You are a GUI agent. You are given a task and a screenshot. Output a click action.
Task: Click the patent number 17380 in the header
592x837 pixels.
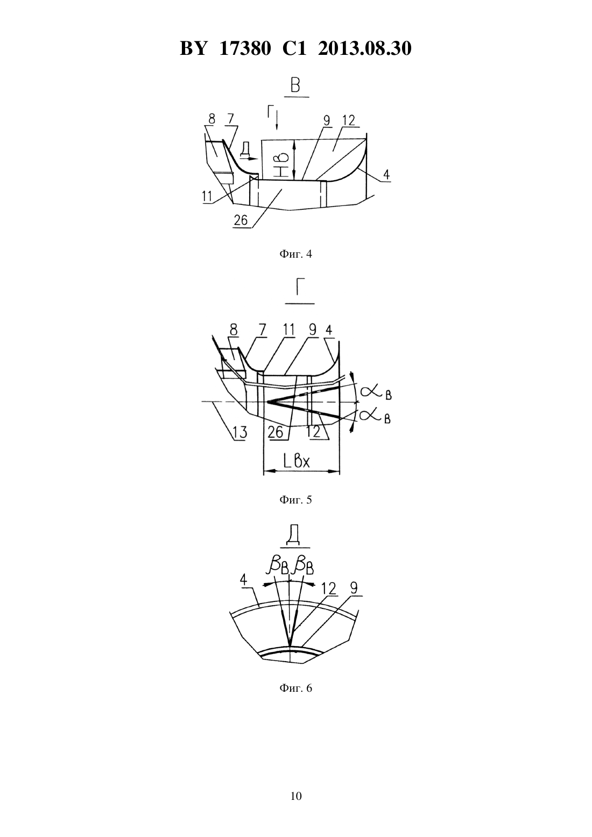click(245, 48)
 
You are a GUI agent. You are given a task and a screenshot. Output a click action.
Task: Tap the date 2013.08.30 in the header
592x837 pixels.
click(365, 48)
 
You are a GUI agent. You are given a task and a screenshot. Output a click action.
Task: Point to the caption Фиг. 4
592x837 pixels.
click(295, 254)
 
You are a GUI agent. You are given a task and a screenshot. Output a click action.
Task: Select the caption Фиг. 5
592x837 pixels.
click(295, 500)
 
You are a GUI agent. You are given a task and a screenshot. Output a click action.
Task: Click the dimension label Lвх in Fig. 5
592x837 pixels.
click(297, 462)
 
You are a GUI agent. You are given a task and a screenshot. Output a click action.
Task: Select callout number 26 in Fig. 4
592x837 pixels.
click(241, 219)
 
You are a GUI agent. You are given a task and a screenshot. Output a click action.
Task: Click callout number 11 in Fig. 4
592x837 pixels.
click(207, 196)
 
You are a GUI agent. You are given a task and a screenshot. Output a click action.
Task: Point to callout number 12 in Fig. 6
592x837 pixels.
click(329, 588)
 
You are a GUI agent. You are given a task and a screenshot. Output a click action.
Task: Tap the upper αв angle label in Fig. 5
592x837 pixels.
click(376, 393)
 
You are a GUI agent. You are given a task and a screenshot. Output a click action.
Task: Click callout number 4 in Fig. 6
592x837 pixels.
click(243, 580)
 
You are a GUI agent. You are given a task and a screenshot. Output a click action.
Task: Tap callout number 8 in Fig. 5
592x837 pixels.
click(233, 330)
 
